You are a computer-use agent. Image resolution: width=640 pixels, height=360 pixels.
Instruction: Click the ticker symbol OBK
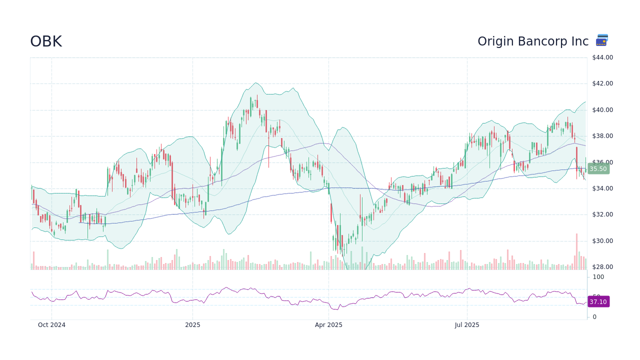click(46, 41)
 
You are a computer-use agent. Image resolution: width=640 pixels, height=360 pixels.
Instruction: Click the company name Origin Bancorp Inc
click(532, 41)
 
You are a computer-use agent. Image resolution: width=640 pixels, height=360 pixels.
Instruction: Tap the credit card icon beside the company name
click(602, 40)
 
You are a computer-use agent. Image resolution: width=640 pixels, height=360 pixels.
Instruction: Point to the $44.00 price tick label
click(602, 57)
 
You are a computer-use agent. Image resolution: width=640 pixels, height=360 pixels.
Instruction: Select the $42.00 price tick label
click(602, 83)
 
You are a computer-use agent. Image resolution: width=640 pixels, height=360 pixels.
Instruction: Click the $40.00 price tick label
click(602, 110)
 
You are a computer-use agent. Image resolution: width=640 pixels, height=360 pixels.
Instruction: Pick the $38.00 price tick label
click(602, 136)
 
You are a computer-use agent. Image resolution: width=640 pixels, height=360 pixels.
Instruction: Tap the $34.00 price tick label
click(602, 188)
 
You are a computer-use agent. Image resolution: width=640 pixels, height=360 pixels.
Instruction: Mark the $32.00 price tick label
click(602, 214)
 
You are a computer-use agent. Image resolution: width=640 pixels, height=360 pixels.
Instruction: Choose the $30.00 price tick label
click(602, 241)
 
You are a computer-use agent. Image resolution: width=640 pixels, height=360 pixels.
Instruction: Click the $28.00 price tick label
click(602, 267)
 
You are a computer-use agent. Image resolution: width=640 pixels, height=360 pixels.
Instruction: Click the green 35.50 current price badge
click(598, 169)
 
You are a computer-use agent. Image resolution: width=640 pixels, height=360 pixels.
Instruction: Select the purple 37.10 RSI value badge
click(598, 302)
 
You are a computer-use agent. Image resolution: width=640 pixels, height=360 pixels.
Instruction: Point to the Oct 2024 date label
click(51, 325)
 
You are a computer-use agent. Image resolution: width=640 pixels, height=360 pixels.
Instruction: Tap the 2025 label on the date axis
click(192, 325)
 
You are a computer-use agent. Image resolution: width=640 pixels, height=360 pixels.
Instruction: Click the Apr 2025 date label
click(328, 325)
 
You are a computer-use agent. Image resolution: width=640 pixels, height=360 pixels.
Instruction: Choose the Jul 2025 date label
click(467, 325)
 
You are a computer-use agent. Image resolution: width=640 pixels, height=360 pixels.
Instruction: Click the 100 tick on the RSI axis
click(598, 277)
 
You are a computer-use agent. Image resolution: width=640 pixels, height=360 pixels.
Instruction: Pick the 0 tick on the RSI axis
click(594, 317)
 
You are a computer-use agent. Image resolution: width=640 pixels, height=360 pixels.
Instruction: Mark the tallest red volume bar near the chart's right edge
click(576, 251)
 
